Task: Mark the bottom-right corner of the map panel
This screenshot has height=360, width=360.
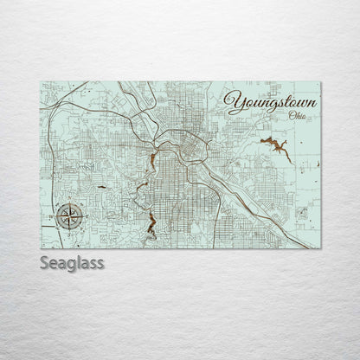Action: [321, 248]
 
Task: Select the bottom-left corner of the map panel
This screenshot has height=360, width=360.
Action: [42, 248]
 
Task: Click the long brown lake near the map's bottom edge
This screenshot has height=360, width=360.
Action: [150, 225]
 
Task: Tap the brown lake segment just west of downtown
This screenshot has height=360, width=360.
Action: [152, 162]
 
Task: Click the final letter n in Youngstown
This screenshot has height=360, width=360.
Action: [311, 106]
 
